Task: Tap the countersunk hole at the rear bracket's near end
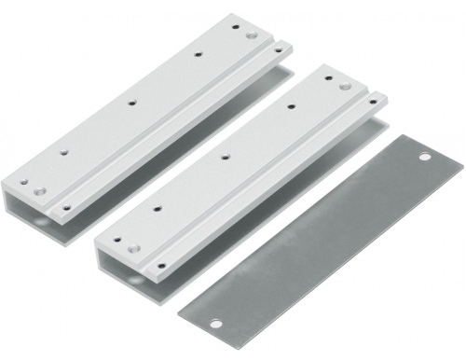pyautogui.click(x=39, y=190)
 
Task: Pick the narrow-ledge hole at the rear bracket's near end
pyautogui.click(x=65, y=205)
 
